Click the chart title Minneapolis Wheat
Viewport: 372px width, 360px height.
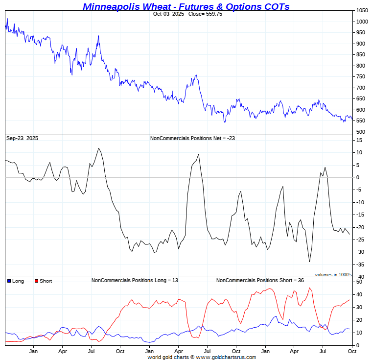point(186,6)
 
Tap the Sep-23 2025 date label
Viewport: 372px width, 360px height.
point(22,139)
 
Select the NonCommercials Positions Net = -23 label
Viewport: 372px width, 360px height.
point(192,139)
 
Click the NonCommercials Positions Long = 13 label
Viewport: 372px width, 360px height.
point(135,281)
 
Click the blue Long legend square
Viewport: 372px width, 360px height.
point(9,281)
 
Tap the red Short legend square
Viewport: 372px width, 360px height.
point(36,281)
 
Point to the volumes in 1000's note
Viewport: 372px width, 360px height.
point(333,275)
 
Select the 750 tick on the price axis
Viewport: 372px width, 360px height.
point(361,77)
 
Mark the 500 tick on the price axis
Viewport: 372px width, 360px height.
point(361,132)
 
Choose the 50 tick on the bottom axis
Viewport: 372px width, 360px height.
point(359,282)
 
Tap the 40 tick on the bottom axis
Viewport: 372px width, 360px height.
point(359,294)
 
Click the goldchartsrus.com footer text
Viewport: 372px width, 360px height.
point(202,357)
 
